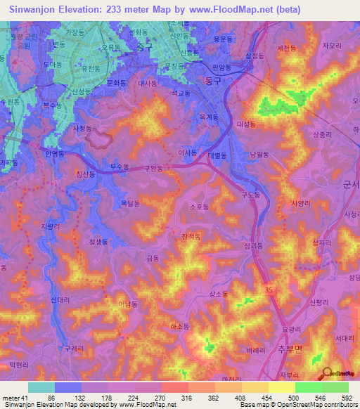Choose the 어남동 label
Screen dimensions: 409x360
coord(129,304)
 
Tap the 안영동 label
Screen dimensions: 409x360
coord(53,153)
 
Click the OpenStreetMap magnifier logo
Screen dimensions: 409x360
coord(325,373)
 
